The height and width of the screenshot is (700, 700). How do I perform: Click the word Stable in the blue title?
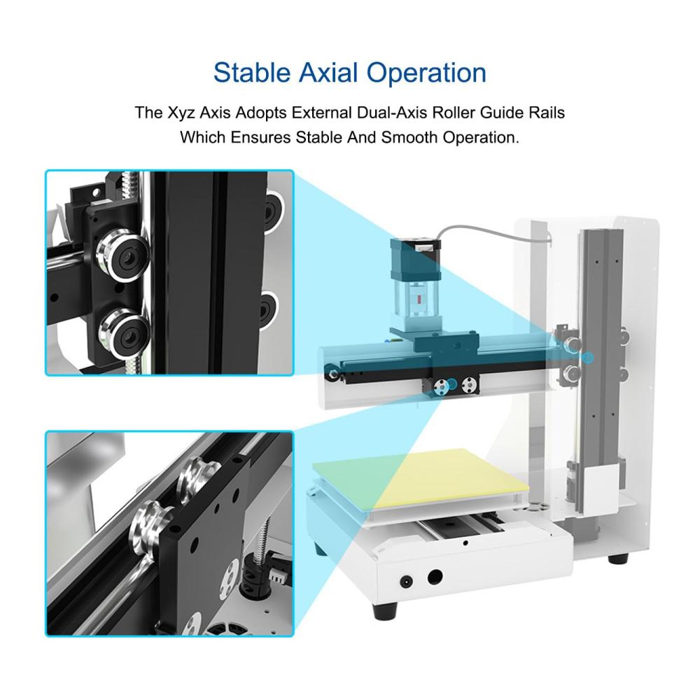pos(252,73)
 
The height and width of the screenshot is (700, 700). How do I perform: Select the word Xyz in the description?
pos(181,113)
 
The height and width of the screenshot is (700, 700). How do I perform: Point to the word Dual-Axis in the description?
pos(393,113)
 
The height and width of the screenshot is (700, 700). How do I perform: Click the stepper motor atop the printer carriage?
pos(414,260)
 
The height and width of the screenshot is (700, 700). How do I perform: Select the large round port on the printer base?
pos(435,577)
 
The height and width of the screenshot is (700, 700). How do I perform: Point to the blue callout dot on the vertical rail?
pos(589,358)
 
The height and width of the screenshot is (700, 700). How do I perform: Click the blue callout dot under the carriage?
pos(451,384)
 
